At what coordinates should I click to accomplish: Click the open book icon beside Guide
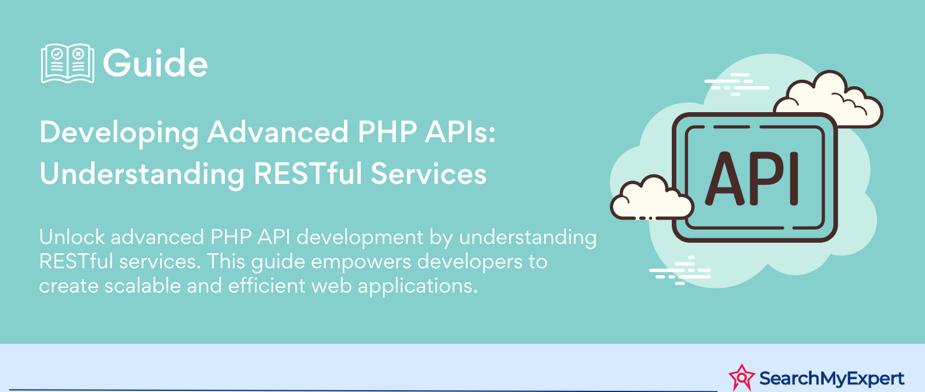[68, 63]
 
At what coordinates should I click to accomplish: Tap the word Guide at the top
[156, 63]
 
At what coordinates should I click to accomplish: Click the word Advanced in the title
[277, 132]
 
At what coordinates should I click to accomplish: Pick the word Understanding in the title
[142, 174]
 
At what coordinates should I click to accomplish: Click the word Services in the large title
[428, 173]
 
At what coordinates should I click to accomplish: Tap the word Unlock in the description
[72, 237]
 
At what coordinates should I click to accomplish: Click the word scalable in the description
[142, 286]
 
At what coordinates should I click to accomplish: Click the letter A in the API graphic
[726, 178]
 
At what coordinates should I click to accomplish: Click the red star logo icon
[742, 378]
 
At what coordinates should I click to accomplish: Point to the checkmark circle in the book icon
[57, 54]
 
